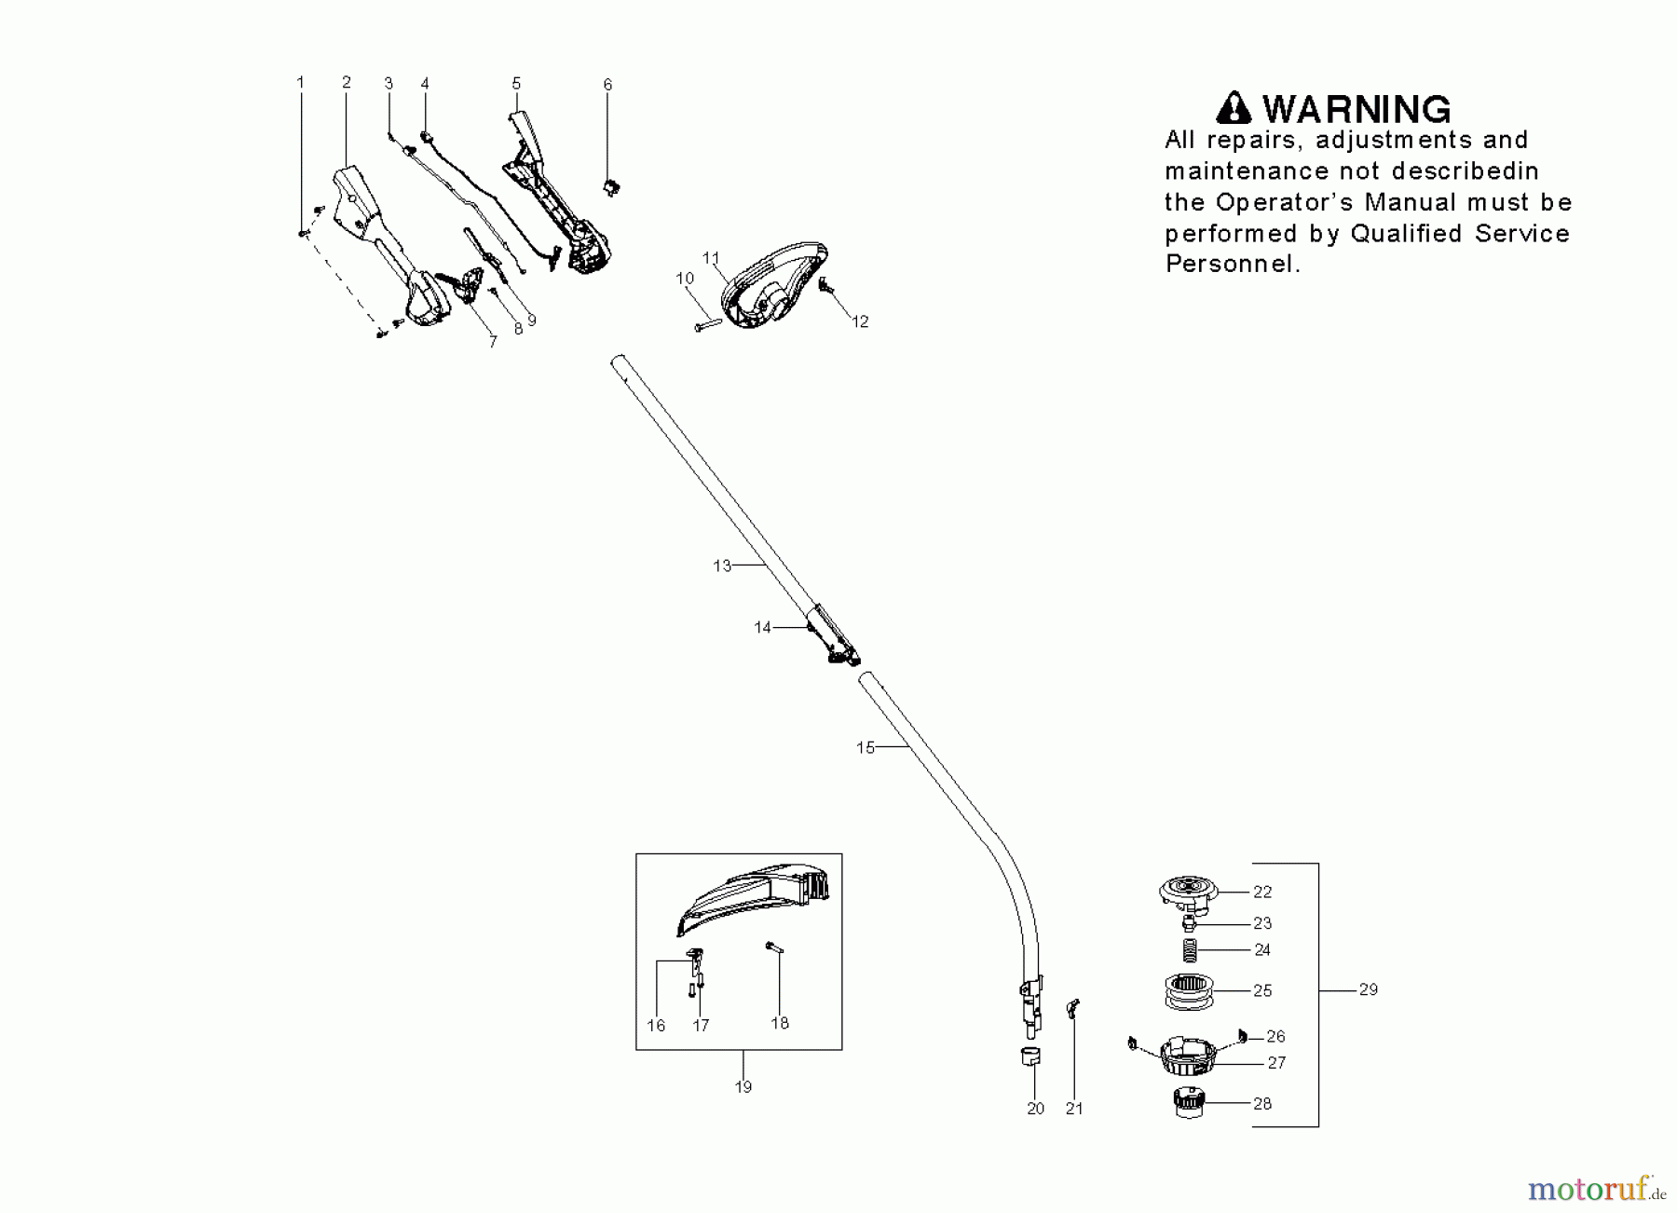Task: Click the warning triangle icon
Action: tap(1234, 109)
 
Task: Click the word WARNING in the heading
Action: tap(1357, 110)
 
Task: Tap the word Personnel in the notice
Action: tap(1232, 265)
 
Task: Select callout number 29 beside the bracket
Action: tap(1368, 989)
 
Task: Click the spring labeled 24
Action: tap(1191, 951)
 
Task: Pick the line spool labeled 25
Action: tap(1190, 990)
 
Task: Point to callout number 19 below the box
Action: tap(743, 1087)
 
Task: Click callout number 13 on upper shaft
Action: tap(722, 566)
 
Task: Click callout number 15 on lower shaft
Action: tap(866, 747)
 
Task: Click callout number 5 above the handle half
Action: tap(516, 84)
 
